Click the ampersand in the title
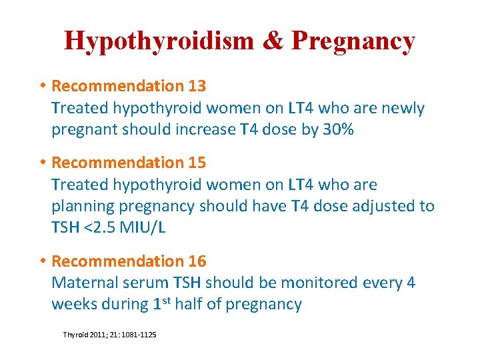click(x=272, y=41)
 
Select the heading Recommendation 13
click(x=129, y=86)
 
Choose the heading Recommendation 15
click(x=129, y=163)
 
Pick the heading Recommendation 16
click(x=129, y=261)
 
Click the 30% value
click(x=338, y=129)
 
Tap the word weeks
click(x=73, y=305)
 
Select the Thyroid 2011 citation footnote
click(x=109, y=334)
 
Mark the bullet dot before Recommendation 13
click(x=42, y=86)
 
